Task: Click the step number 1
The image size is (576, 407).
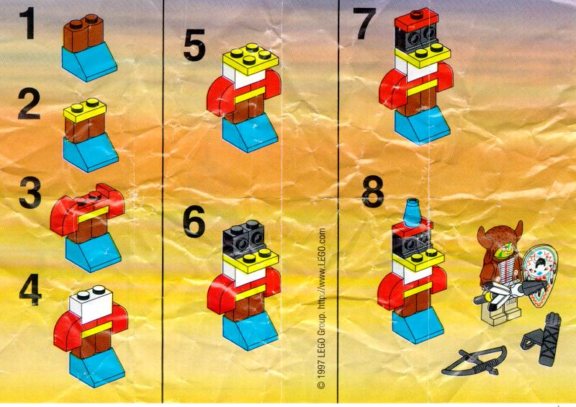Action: [x=27, y=23]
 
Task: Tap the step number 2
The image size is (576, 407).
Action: [x=29, y=104]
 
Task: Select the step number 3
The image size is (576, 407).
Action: [x=30, y=192]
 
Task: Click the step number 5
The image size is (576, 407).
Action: [x=194, y=45]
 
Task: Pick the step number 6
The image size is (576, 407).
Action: [x=194, y=221]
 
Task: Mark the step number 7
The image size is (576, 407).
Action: [x=364, y=23]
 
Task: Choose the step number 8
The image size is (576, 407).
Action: [x=373, y=191]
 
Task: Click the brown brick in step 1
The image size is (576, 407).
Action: [x=83, y=33]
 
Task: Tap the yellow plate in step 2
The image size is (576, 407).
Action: [x=85, y=111]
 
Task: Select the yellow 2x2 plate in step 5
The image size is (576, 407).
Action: [x=251, y=59]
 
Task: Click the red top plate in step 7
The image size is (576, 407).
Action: [x=417, y=20]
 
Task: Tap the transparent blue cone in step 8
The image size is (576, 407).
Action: [x=412, y=213]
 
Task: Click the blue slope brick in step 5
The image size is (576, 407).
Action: [x=250, y=133]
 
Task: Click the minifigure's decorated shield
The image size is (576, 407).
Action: [x=540, y=271]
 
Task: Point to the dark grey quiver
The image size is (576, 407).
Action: [x=543, y=340]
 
